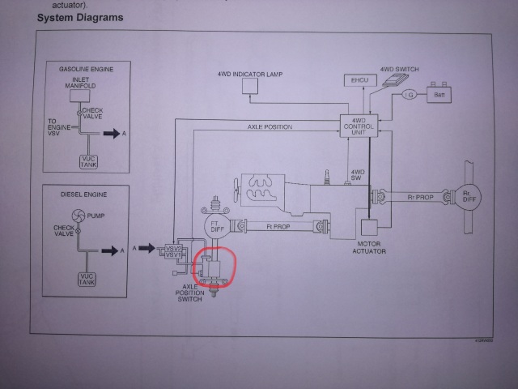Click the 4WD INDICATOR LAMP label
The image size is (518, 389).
250,75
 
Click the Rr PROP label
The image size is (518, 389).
417,195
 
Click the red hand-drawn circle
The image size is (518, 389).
213,267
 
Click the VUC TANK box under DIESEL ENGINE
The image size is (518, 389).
86,280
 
